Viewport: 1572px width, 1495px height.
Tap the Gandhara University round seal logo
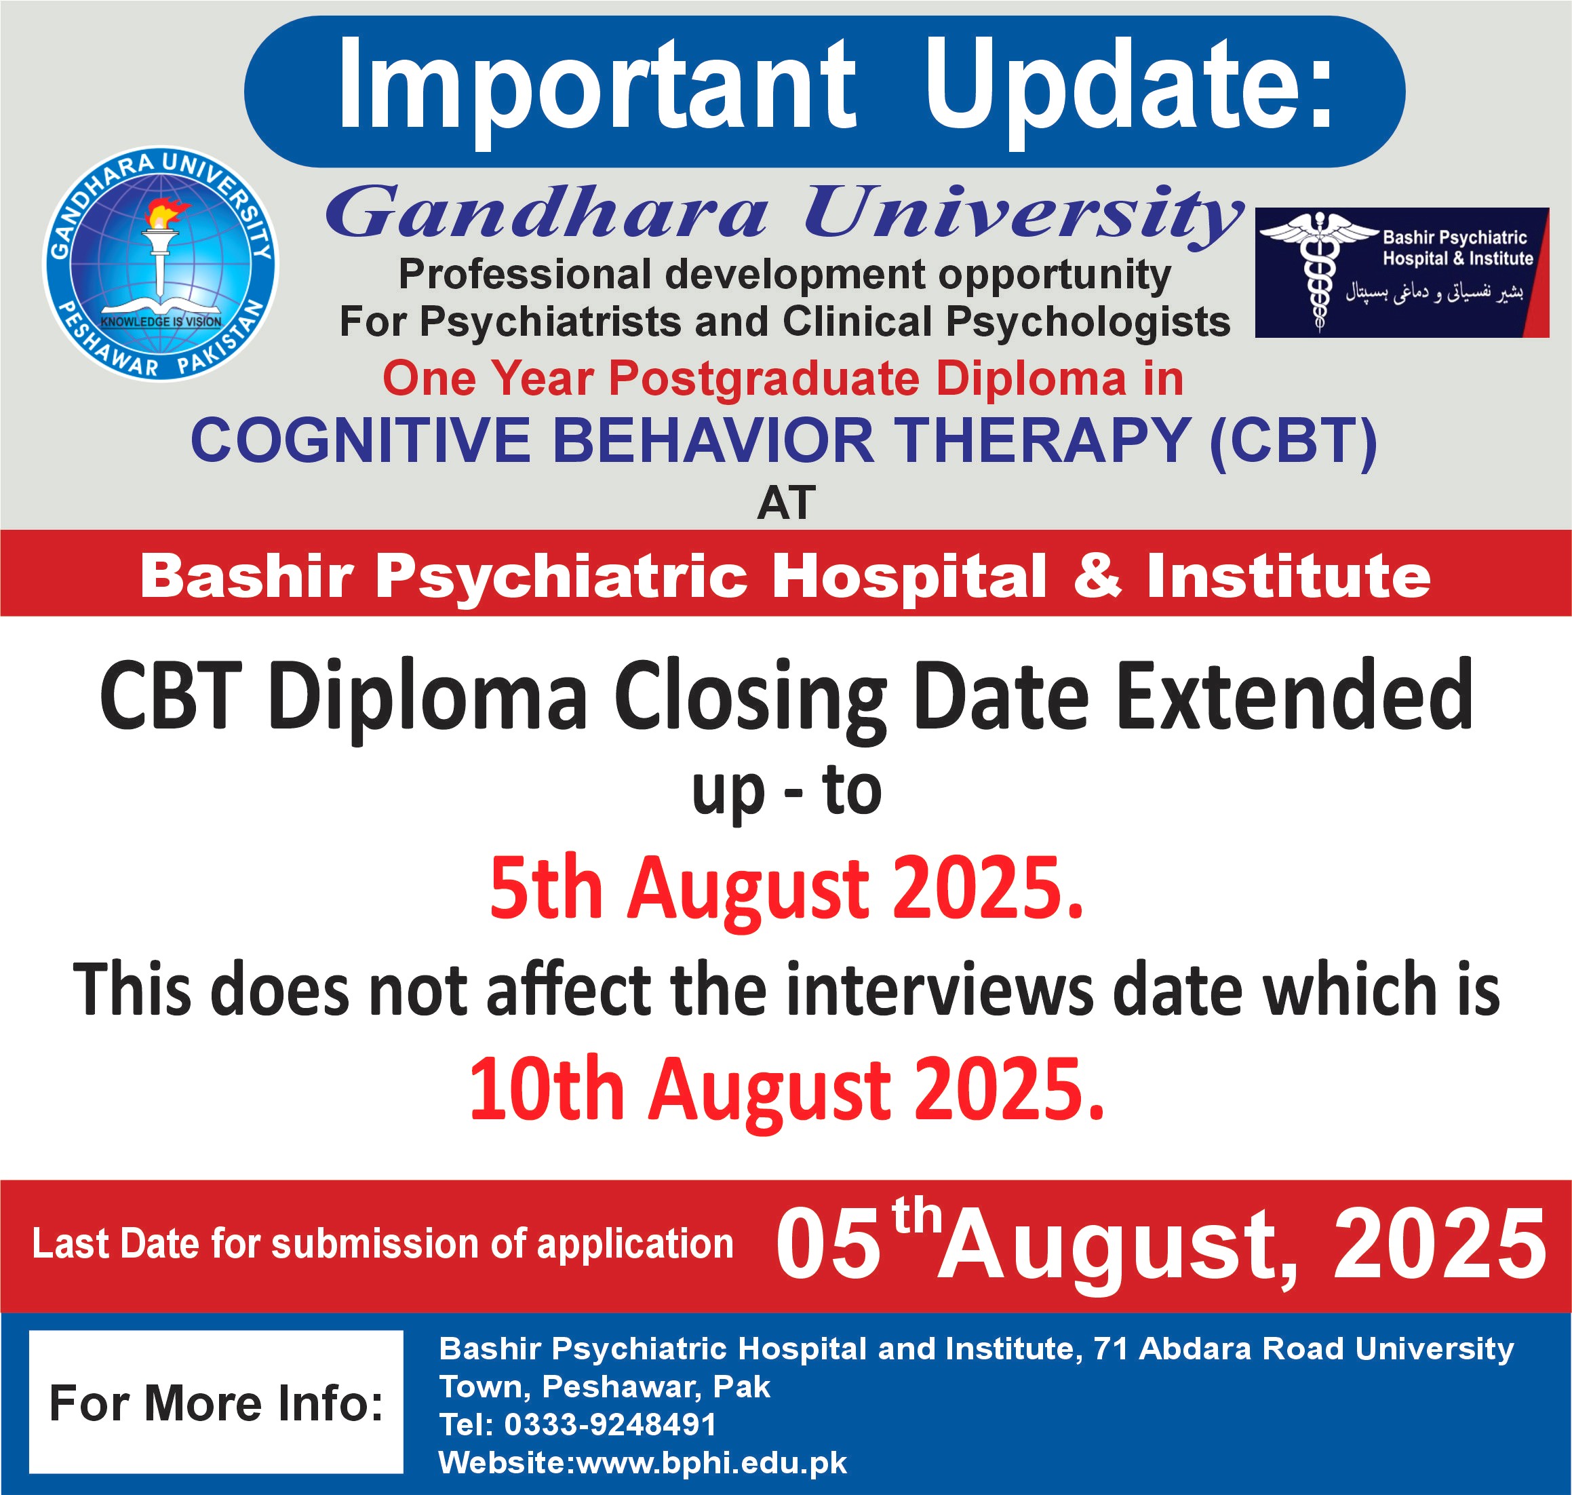click(x=160, y=264)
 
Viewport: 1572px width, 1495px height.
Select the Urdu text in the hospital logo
click(x=1434, y=292)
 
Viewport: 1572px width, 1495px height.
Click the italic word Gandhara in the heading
click(x=547, y=212)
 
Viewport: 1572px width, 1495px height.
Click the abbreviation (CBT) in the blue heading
click(x=1293, y=442)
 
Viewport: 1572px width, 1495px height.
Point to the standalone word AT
click(x=787, y=503)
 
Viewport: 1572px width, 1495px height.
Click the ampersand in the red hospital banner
click(x=1097, y=575)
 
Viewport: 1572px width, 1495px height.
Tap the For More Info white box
click(x=216, y=1402)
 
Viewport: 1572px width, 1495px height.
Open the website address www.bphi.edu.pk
click(x=711, y=1463)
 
